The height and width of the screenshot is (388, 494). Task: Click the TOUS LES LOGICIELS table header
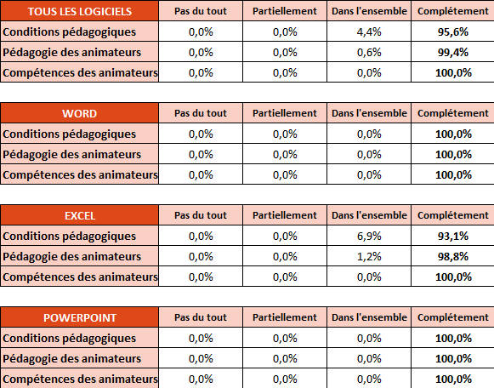[x=79, y=11]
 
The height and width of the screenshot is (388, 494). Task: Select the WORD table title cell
[x=79, y=113]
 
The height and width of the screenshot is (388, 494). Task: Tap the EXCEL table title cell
[x=79, y=215]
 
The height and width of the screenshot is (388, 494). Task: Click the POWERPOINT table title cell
[x=79, y=317]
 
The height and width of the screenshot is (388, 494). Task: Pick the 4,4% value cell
[x=369, y=31]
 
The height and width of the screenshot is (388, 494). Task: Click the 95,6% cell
[x=452, y=31]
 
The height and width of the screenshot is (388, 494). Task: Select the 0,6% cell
[x=369, y=52]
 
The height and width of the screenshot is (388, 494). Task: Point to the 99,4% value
[x=452, y=52]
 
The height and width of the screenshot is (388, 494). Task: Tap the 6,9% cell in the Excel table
[x=369, y=236]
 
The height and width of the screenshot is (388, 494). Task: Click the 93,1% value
[x=452, y=236]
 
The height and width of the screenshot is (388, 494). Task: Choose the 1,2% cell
[x=369, y=257]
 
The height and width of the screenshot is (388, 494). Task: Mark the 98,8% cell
[x=452, y=257]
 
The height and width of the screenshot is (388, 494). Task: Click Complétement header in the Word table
[x=452, y=113]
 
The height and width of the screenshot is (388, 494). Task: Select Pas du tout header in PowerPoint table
[x=201, y=317]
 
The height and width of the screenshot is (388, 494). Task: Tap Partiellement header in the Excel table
[x=285, y=215]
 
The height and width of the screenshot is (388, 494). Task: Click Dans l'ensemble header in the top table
[x=369, y=11]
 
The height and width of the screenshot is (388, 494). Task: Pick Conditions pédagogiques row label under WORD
[x=70, y=134]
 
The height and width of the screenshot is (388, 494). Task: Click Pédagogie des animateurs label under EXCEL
[x=71, y=257]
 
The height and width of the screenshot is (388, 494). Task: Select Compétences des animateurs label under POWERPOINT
[x=80, y=379]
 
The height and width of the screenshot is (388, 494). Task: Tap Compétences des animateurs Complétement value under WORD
[x=453, y=175]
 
